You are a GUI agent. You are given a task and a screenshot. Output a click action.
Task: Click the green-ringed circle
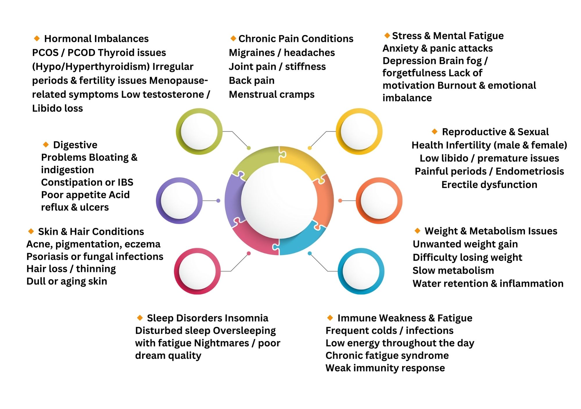(x=199, y=131)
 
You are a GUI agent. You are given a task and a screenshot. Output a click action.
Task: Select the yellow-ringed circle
(x=359, y=131)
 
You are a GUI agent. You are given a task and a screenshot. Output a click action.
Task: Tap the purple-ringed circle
(x=179, y=201)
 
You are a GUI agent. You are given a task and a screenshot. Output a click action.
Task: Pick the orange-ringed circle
(x=379, y=201)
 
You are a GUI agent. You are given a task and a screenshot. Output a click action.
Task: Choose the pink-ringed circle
(x=197, y=271)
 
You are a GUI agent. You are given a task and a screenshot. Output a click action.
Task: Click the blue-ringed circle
(x=361, y=271)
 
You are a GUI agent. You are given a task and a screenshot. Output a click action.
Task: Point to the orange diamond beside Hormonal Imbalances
(x=37, y=38)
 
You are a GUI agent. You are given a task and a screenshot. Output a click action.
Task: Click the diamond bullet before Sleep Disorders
(x=140, y=318)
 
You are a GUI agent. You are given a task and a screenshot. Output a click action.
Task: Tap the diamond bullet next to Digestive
(x=46, y=144)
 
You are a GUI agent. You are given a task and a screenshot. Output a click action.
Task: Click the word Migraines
(x=252, y=53)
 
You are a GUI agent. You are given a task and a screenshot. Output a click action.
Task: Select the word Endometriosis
(x=530, y=171)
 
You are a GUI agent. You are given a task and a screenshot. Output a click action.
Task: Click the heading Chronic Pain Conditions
(x=296, y=39)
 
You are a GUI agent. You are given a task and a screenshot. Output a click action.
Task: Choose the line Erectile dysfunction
(x=489, y=185)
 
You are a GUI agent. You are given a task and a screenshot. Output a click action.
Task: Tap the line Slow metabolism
(x=453, y=271)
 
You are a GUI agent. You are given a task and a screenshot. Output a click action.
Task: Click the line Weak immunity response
(x=385, y=368)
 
